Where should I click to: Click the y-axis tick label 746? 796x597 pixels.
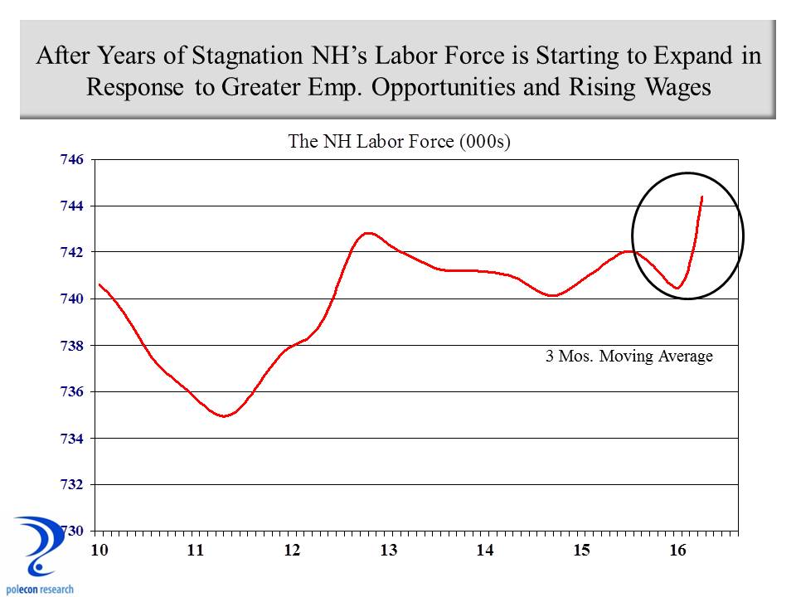[72, 159]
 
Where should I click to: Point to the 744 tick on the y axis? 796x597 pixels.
[72, 206]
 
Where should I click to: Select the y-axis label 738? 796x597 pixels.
[72, 345]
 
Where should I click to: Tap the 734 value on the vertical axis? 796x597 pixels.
[72, 438]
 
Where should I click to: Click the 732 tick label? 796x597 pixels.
[72, 484]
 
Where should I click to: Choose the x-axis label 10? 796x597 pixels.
[99, 550]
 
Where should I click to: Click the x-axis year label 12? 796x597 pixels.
[291, 550]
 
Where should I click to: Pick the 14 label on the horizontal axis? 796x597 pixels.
[485, 550]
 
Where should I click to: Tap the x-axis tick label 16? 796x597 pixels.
[678, 550]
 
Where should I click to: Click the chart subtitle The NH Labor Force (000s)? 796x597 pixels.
[398, 141]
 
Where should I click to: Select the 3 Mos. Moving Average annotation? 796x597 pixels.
[629, 357]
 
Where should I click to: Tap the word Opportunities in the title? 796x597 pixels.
[452, 88]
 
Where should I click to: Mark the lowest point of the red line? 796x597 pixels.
[223, 416]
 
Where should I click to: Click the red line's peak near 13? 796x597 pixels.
[368, 233]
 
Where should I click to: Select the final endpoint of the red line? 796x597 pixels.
[702, 197]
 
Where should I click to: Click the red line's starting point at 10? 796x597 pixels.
[99, 284]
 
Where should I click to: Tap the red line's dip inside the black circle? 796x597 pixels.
[677, 288]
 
